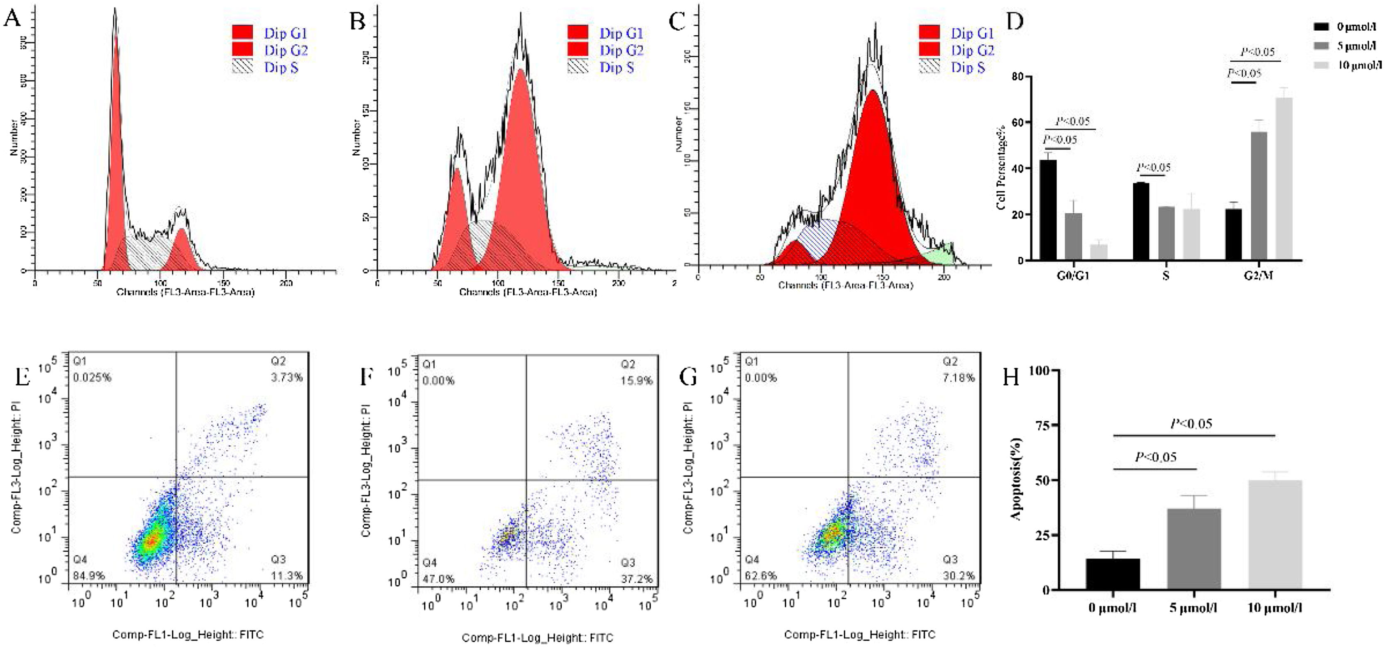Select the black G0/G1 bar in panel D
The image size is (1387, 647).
(1048, 210)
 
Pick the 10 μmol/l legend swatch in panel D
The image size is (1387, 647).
(1321, 65)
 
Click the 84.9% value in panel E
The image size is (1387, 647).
(89, 575)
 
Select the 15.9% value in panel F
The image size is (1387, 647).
(636, 381)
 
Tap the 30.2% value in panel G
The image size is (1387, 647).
(959, 575)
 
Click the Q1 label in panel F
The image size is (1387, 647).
(429, 364)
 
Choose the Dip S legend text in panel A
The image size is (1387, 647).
(281, 67)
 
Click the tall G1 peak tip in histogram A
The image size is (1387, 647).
(115, 11)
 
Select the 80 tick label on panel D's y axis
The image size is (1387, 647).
(1017, 76)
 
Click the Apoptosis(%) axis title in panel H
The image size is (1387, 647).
(1015, 479)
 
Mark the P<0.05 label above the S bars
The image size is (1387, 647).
(1153, 167)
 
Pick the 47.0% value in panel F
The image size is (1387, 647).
(438, 579)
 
